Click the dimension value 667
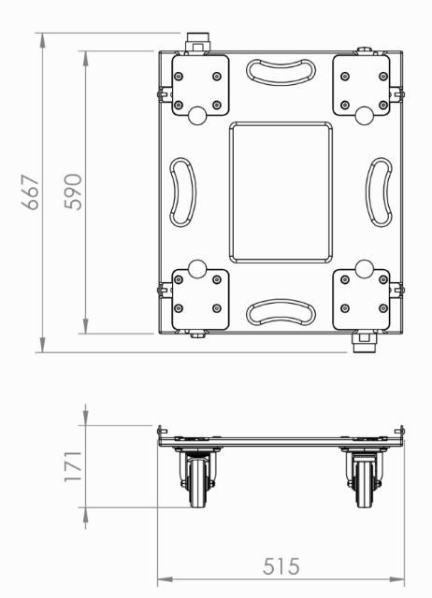(31, 192)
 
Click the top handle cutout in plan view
(281, 73)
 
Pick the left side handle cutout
(181, 192)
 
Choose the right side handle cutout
(380, 192)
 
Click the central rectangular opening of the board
(281, 192)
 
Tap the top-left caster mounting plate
(200, 87)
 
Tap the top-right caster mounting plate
(361, 87)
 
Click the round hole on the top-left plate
(198, 114)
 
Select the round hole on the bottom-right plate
(363, 270)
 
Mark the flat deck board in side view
(281, 440)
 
